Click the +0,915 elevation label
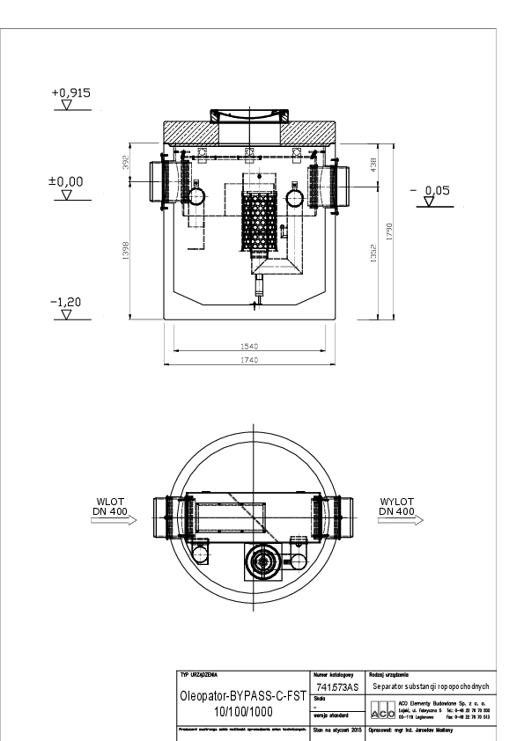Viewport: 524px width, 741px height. coord(71,92)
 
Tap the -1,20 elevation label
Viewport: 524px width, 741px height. coord(66,302)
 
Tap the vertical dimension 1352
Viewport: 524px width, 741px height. coord(373,252)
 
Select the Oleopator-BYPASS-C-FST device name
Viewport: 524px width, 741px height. coord(243,696)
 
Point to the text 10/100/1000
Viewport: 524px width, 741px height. coord(243,710)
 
